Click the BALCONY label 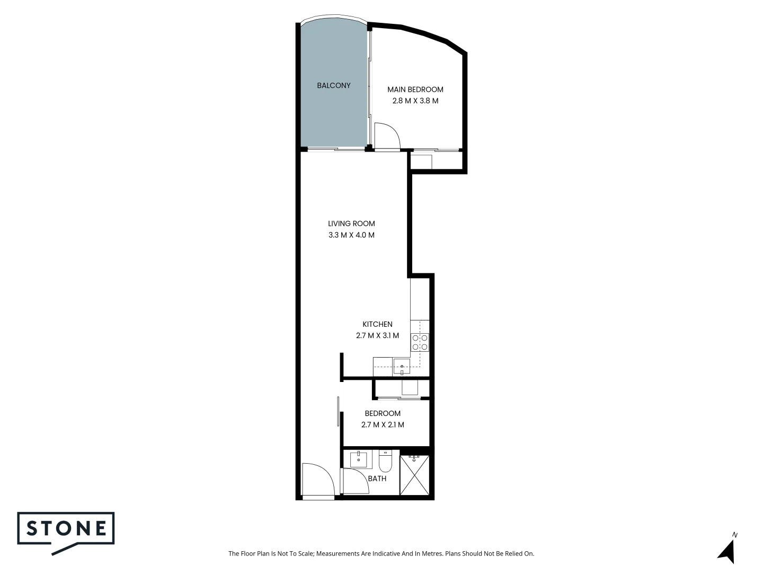[x=333, y=85]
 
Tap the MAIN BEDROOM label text [x=415, y=89]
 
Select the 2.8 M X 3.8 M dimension [x=415, y=101]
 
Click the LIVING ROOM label [x=351, y=223]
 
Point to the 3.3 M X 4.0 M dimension [x=351, y=235]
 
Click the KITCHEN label [x=377, y=324]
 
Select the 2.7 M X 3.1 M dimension [x=377, y=336]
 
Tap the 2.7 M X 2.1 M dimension [x=383, y=425]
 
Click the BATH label [x=377, y=479]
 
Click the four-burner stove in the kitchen [x=420, y=342]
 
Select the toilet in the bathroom [x=385, y=462]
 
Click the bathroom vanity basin [x=359, y=459]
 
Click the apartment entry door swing [x=317, y=481]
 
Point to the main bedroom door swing [x=386, y=136]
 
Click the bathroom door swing [x=355, y=482]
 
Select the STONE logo [x=66, y=529]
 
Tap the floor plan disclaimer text [x=381, y=553]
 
